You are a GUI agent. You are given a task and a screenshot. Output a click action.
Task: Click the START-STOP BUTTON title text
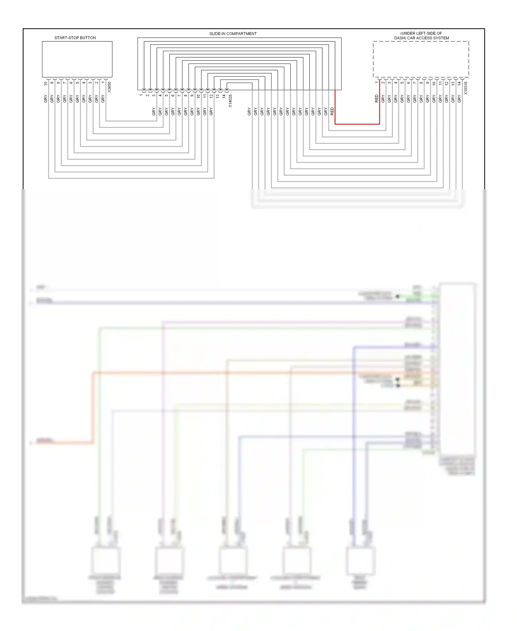[75, 38]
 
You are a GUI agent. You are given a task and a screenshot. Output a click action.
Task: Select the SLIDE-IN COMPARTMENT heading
[233, 33]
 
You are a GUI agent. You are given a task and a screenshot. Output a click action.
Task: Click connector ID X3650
[109, 87]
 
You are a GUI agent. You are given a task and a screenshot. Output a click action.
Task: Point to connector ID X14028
[230, 101]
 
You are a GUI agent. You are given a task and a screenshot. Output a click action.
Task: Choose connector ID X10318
[466, 88]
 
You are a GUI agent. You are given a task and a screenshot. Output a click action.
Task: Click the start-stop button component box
[77, 59]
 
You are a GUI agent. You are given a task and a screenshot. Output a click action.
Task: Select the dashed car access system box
[420, 59]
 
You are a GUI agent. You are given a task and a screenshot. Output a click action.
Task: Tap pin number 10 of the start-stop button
[45, 83]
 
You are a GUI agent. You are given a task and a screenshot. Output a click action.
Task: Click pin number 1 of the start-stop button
[103, 82]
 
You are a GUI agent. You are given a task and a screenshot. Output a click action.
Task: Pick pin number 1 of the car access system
[376, 82]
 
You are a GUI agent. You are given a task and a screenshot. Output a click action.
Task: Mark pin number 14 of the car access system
[459, 83]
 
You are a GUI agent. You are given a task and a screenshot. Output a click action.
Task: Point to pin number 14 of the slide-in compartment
[224, 96]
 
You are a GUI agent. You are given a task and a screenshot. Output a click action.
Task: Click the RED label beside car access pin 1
[376, 99]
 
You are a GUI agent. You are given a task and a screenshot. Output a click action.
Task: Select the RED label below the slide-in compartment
[332, 111]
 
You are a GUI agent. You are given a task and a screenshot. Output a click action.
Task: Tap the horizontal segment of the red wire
[357, 124]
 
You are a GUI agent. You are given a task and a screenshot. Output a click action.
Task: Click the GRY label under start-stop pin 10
[45, 99]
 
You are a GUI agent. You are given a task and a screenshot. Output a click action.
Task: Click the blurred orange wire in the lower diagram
[241, 373]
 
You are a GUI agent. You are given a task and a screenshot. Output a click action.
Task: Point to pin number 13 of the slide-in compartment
[217, 96]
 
